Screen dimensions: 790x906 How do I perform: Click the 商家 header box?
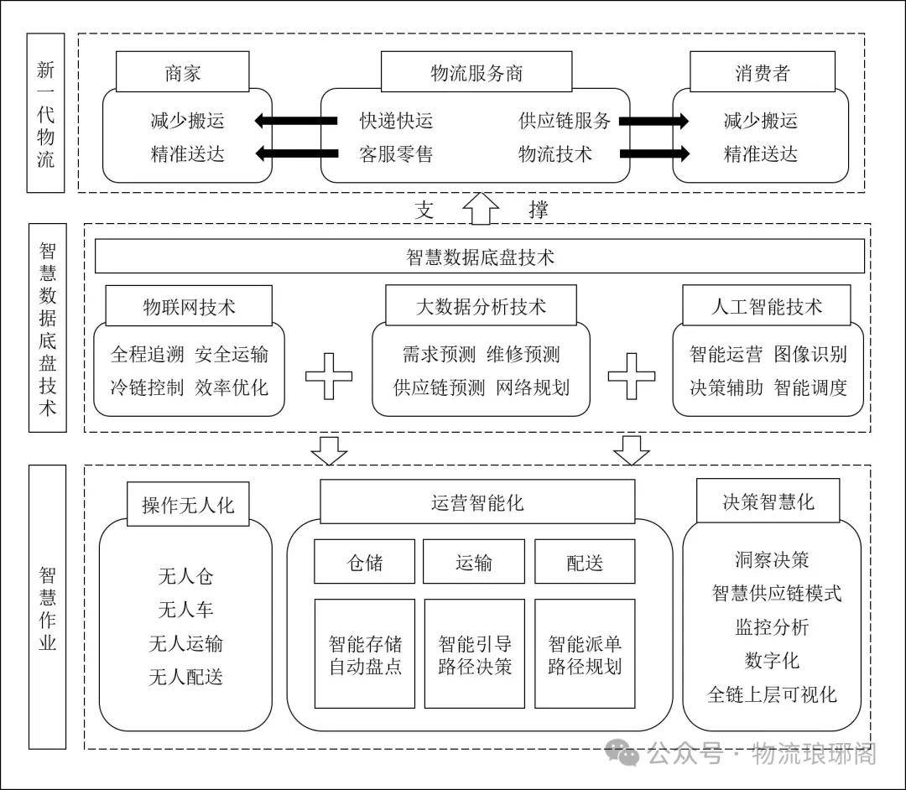pyautogui.click(x=182, y=73)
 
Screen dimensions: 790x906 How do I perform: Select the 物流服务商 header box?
pyautogui.click(x=476, y=73)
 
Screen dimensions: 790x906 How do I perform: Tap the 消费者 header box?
pyautogui.click(x=762, y=73)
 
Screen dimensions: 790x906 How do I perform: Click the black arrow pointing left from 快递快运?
pyautogui.click(x=295, y=121)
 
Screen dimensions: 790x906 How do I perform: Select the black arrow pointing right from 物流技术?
pyautogui.click(x=653, y=153)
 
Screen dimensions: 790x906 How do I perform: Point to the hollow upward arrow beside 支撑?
pyautogui.click(x=482, y=208)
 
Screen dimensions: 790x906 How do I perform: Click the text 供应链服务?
pyautogui.click(x=565, y=121)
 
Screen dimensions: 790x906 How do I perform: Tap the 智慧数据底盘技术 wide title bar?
pyautogui.click(x=480, y=257)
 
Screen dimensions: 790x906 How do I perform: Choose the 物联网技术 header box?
pyautogui.click(x=189, y=307)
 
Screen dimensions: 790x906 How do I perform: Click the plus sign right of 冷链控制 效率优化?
pyautogui.click(x=328, y=377)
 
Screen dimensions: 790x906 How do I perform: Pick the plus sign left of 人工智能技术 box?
pyautogui.click(x=631, y=377)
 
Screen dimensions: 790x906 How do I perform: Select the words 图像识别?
pyautogui.click(x=810, y=354)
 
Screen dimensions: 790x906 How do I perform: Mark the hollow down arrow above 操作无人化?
pyautogui.click(x=328, y=450)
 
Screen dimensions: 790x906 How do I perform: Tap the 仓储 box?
pyautogui.click(x=364, y=561)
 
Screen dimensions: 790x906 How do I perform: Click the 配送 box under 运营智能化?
pyautogui.click(x=585, y=561)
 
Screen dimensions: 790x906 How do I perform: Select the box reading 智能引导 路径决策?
pyautogui.click(x=475, y=652)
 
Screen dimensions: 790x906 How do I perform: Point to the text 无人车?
pyautogui.click(x=186, y=610)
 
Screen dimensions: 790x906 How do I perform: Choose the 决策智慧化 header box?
pyautogui.click(x=768, y=502)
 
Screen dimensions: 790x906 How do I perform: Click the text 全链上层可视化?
pyautogui.click(x=772, y=694)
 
